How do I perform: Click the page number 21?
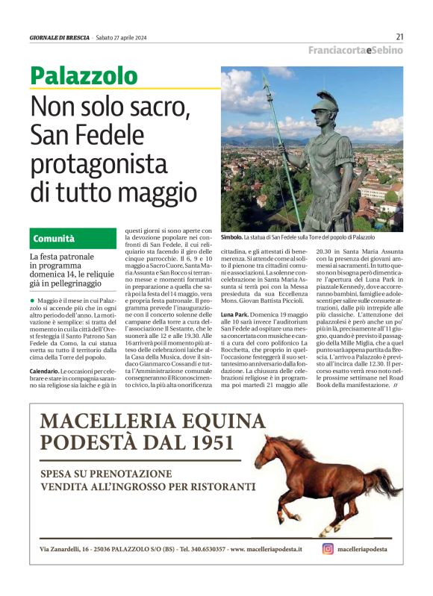[x=399, y=37]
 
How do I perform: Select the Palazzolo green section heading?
[x=84, y=75]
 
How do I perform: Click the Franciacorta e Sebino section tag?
[x=356, y=50]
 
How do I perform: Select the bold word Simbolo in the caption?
[x=233, y=236]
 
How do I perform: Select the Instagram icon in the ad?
[x=328, y=548]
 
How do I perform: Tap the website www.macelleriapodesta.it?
[x=267, y=549]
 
